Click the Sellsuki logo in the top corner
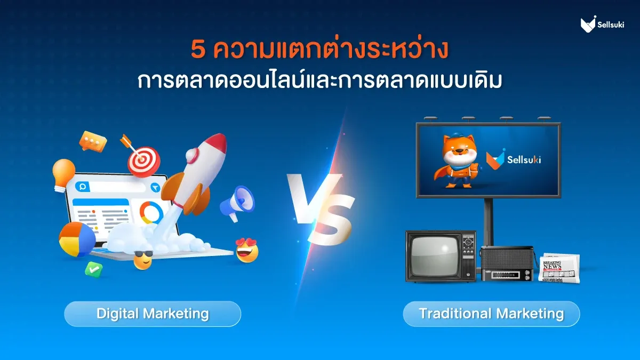602,25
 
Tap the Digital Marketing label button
153,314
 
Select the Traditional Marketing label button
491,314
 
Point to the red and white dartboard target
143,162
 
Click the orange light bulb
63,174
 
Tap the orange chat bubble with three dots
93,141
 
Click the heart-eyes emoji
247,251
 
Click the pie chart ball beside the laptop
77,239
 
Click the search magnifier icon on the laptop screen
83,187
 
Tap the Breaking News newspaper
559,268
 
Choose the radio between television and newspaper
507,263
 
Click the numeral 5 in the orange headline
198,50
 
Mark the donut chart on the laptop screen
151,213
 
